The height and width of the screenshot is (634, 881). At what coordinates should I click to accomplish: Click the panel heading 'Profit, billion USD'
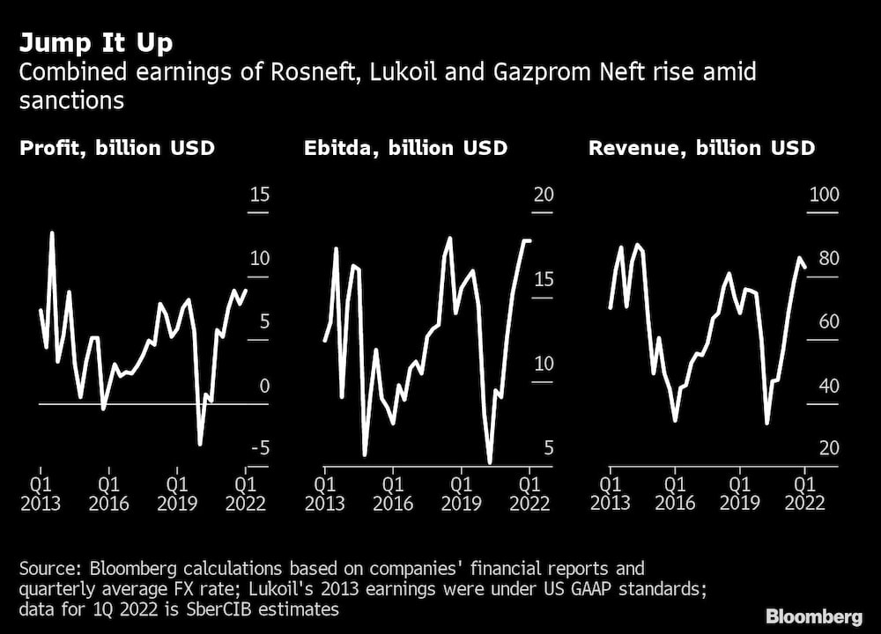tap(117, 148)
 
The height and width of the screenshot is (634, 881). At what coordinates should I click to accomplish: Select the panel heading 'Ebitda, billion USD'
tap(405, 148)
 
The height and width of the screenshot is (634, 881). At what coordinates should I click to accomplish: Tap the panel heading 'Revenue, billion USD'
tap(701, 148)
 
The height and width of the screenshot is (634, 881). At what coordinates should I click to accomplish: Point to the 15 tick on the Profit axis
tap(259, 195)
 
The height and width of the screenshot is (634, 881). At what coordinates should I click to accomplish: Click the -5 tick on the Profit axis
tap(259, 449)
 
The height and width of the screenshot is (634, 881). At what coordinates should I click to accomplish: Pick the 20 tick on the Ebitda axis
tap(544, 195)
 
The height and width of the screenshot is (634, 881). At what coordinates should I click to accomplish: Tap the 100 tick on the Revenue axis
tap(824, 195)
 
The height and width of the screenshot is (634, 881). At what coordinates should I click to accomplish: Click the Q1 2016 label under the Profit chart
tap(108, 493)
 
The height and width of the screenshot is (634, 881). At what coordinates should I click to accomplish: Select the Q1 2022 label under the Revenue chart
tap(804, 493)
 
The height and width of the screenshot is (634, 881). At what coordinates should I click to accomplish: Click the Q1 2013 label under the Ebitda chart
tap(325, 493)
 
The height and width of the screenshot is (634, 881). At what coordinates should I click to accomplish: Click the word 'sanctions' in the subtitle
tap(71, 100)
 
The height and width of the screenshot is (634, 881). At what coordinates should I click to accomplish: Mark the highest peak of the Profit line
tap(52, 232)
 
